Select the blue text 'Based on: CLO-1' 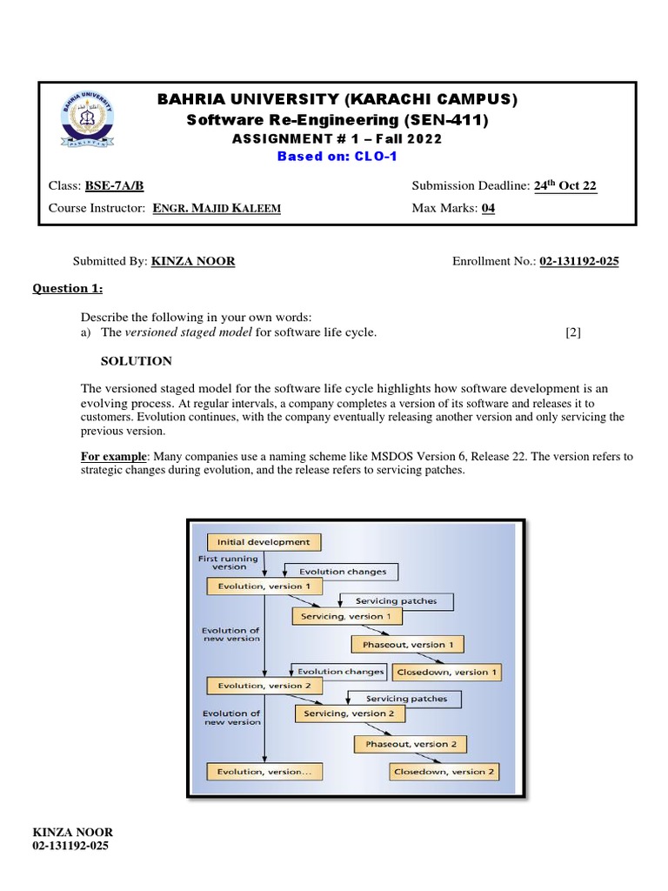point(337,157)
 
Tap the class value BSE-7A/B point(114,185)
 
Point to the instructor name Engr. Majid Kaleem point(217,209)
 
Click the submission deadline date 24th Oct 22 point(566,185)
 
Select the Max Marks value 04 point(488,209)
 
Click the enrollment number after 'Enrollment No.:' point(579,261)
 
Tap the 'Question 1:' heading point(68,289)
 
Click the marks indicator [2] point(572,332)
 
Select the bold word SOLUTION point(137,361)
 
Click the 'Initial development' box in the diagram point(264,542)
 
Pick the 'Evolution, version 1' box point(258,586)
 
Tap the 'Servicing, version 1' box point(347,616)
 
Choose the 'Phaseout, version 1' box point(407,645)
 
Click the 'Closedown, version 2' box point(444,772)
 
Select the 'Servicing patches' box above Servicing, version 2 point(406,698)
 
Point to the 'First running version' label point(228,561)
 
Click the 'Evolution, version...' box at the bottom point(258,772)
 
